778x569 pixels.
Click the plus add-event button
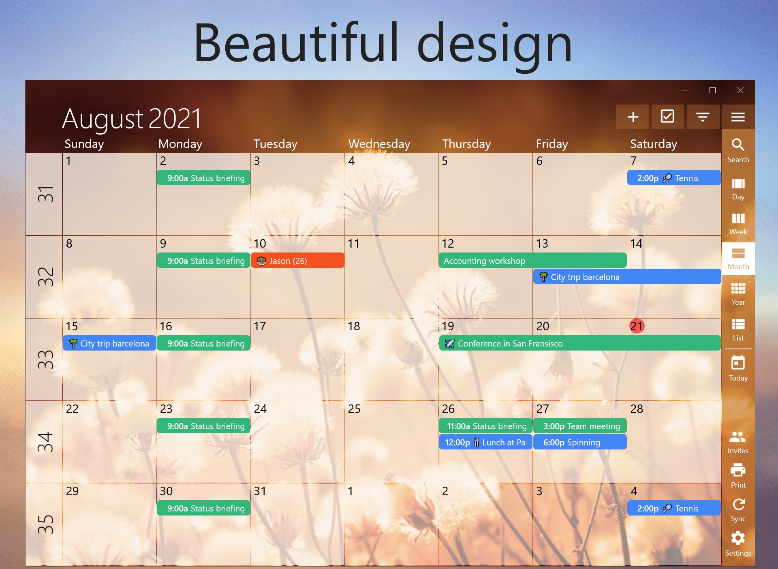[x=633, y=117]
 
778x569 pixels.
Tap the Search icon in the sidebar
[x=738, y=150]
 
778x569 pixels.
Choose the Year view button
[x=738, y=294]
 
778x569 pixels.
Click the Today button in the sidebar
[x=738, y=368]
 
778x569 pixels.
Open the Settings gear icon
[x=738, y=543]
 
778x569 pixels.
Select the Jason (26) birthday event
[x=297, y=261]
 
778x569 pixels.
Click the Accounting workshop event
[x=532, y=261]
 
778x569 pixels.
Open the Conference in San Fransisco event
[x=579, y=343]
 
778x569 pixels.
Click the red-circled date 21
[x=637, y=326]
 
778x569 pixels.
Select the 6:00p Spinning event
[x=579, y=442]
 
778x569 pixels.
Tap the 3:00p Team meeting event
[x=579, y=426]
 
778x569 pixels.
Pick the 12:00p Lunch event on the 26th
[x=485, y=442]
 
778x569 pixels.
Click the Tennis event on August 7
[x=673, y=178]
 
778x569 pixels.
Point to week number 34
[x=45, y=441]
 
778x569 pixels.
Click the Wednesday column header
[x=379, y=144]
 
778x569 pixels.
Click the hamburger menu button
[x=738, y=117]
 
